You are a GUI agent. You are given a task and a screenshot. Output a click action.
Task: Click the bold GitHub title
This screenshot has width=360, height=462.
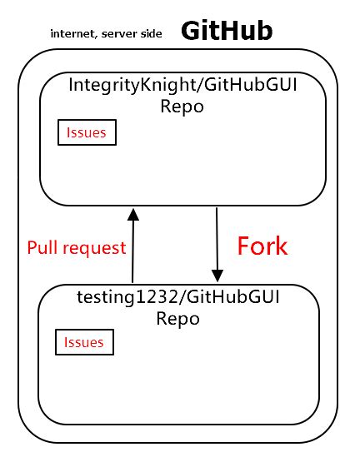click(x=227, y=31)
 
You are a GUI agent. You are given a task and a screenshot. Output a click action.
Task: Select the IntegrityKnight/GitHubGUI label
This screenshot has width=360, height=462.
click(x=182, y=85)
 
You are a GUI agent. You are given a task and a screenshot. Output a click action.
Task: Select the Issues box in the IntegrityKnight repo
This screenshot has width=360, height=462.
click(x=87, y=133)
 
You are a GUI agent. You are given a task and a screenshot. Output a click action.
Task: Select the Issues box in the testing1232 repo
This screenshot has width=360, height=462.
click(x=84, y=342)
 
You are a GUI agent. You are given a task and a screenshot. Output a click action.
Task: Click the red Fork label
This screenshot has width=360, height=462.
click(x=262, y=246)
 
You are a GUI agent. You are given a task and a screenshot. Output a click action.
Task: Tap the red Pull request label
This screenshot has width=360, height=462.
click(x=77, y=247)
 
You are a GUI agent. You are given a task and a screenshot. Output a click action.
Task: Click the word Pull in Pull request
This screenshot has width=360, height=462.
click(x=42, y=247)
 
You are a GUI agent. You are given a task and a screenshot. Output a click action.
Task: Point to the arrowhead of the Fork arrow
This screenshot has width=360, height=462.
click(x=217, y=276)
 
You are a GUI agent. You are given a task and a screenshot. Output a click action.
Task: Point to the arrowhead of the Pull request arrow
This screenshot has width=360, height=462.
click(x=132, y=215)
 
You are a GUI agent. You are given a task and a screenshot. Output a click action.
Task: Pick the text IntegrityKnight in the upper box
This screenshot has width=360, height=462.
click(x=117, y=85)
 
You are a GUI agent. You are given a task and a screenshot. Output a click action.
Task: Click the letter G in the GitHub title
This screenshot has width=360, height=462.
click(x=191, y=31)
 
